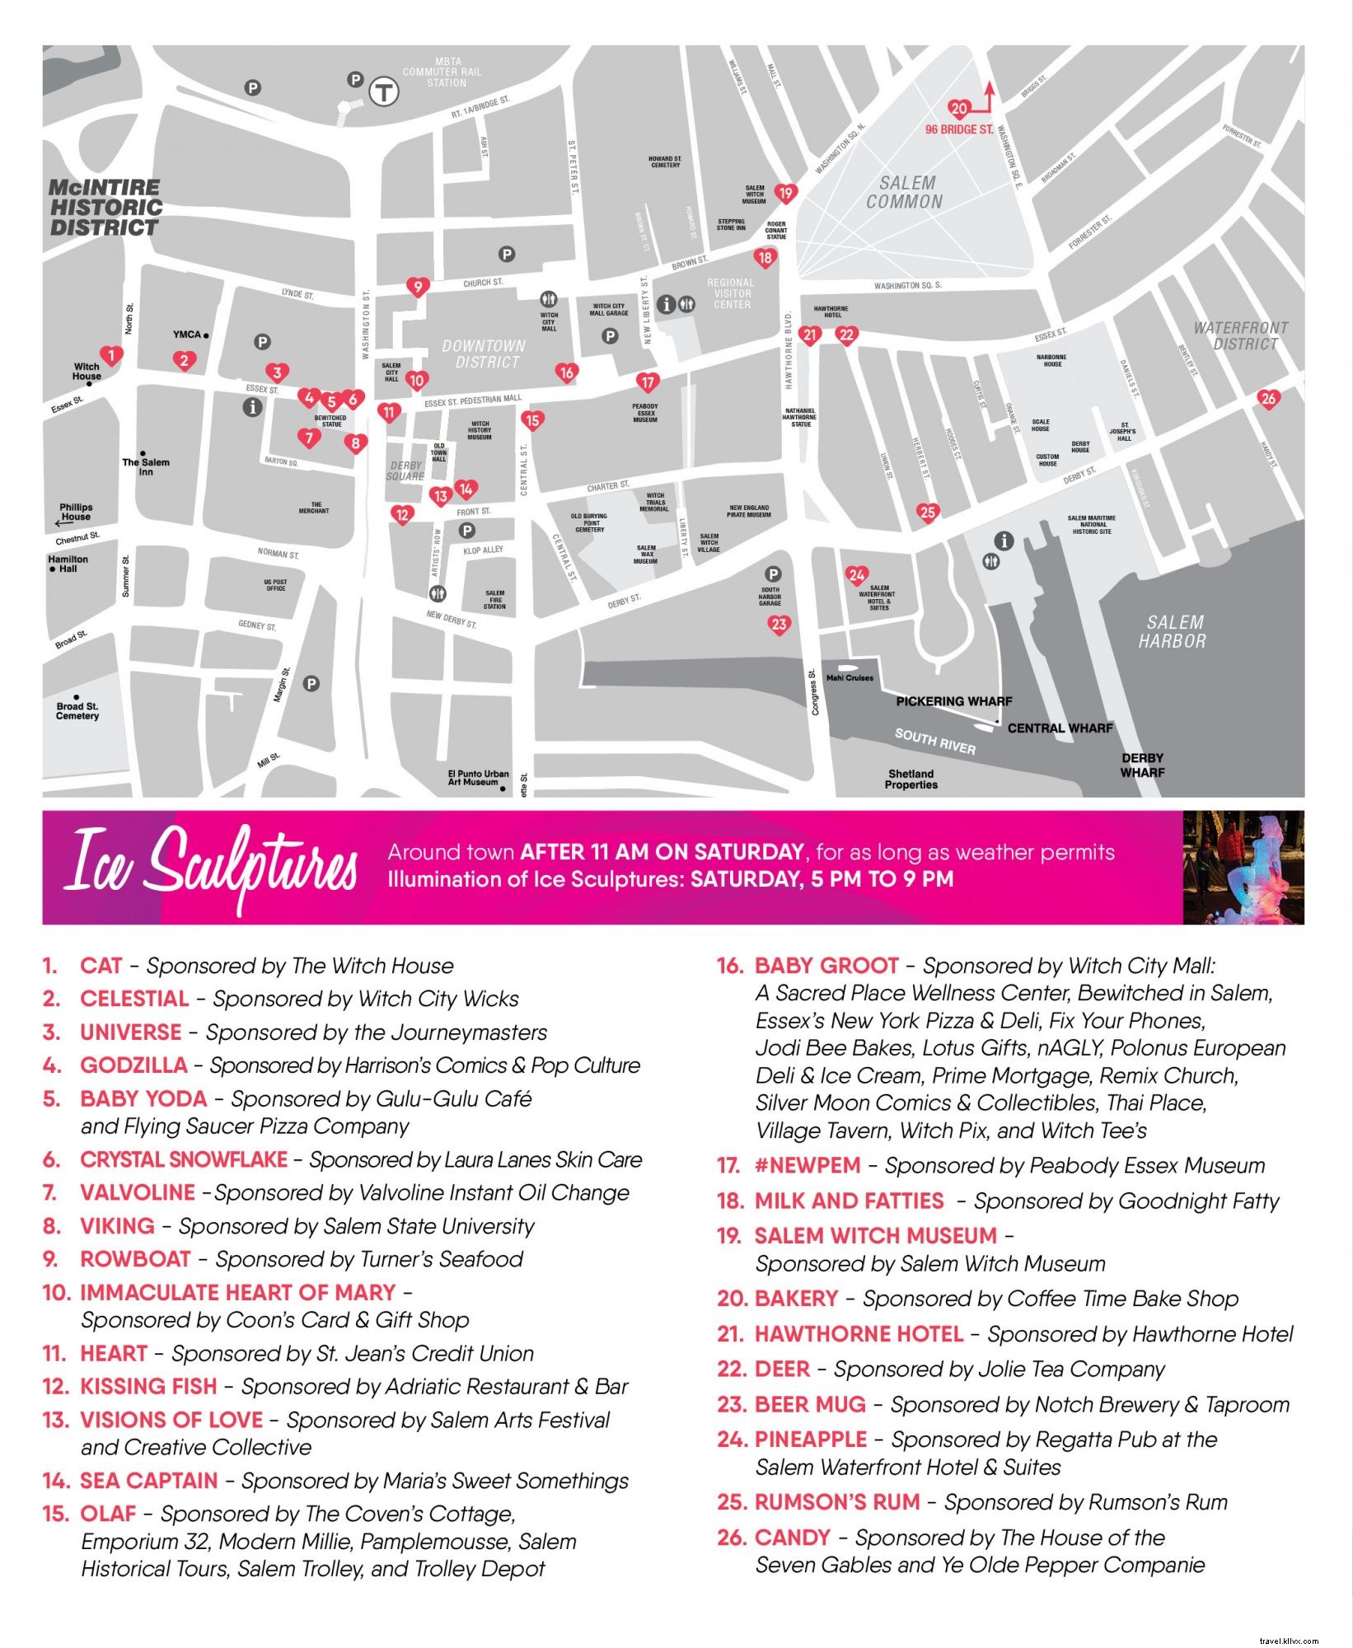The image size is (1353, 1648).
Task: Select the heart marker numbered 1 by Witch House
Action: click(112, 356)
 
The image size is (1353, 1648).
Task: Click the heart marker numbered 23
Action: click(779, 625)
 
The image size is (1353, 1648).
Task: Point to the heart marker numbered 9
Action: click(418, 287)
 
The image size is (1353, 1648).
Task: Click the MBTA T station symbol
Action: click(383, 92)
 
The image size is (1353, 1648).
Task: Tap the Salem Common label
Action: click(904, 192)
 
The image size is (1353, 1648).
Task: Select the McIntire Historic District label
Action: click(105, 208)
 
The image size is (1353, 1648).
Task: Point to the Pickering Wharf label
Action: click(953, 701)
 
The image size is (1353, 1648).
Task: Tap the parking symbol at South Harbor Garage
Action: click(773, 574)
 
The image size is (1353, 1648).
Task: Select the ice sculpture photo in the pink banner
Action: click(1243, 868)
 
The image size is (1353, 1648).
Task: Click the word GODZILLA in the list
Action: click(133, 1065)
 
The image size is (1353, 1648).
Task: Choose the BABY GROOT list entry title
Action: click(826, 966)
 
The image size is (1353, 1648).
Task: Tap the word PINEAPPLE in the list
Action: click(811, 1440)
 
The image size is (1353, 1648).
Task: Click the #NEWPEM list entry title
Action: click(808, 1166)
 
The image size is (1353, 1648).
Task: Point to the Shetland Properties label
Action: click(911, 779)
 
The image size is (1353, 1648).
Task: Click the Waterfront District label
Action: click(1241, 335)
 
